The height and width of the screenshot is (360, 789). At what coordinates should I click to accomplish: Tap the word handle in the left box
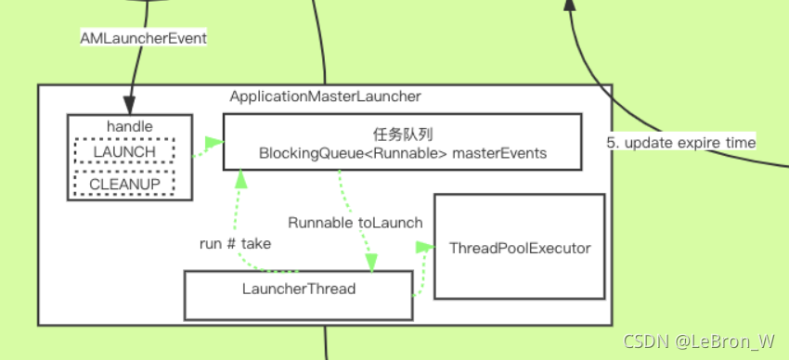130,125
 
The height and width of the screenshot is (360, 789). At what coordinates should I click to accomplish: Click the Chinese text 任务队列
402,134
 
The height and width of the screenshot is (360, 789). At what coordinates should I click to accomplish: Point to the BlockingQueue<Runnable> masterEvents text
402,153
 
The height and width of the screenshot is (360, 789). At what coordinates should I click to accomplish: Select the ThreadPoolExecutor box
519,248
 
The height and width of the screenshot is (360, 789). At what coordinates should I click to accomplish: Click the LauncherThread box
298,289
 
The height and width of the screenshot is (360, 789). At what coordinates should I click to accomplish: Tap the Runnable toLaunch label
356,223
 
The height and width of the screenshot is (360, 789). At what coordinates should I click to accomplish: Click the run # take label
237,243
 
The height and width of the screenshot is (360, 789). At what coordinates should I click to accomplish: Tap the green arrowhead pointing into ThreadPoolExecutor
426,247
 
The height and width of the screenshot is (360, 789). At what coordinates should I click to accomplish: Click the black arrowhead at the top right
569,6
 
